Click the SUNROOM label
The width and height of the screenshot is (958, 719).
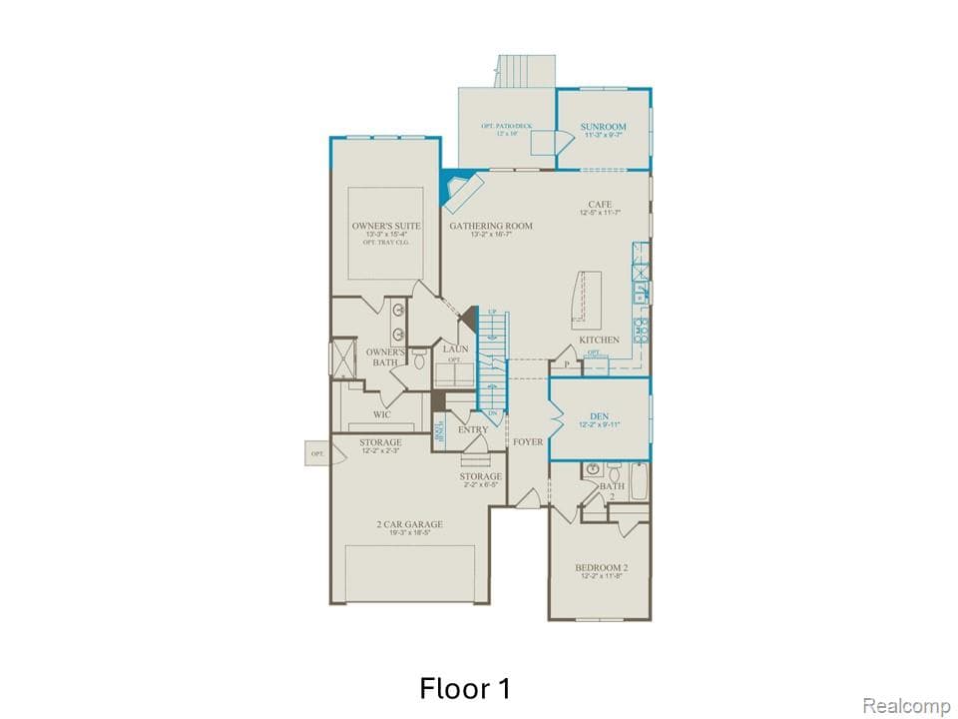click(x=603, y=127)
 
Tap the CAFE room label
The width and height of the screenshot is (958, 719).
click(x=599, y=205)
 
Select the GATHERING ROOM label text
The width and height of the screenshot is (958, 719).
click(x=490, y=227)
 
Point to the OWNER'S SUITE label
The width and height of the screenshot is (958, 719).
click(x=385, y=227)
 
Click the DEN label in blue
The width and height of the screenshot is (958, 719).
click(x=599, y=415)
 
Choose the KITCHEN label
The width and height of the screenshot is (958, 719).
click(x=599, y=341)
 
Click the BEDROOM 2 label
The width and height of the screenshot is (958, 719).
click(x=601, y=567)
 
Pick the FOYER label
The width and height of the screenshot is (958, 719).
click(x=528, y=441)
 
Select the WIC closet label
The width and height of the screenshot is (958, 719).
click(x=381, y=414)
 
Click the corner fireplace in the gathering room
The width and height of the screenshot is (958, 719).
click(x=460, y=190)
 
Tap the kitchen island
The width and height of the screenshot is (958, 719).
click(x=589, y=299)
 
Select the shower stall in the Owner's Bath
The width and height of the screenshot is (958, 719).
click(x=344, y=358)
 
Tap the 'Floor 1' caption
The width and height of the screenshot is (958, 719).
click(x=466, y=688)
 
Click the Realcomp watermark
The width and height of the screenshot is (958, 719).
click(x=906, y=706)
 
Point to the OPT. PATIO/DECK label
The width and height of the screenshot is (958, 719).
click(x=506, y=127)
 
